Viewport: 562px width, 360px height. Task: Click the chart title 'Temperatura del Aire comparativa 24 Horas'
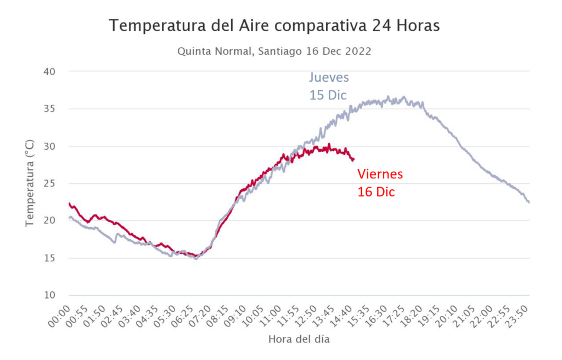coord(274,26)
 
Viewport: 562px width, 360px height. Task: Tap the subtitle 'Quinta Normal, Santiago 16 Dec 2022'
coord(274,52)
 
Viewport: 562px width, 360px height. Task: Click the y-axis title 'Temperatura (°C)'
coord(30,183)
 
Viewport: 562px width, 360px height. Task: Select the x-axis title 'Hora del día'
coord(299,339)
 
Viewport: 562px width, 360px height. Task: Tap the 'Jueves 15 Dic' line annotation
coord(329,86)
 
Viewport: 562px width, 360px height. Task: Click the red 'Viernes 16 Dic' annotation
coord(380,183)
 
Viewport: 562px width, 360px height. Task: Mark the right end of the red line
coord(353,159)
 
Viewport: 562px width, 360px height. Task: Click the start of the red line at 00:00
coord(69,204)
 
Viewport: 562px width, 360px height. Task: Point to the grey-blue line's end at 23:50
coord(529,203)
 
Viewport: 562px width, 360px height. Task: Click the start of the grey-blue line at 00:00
coord(69,217)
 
